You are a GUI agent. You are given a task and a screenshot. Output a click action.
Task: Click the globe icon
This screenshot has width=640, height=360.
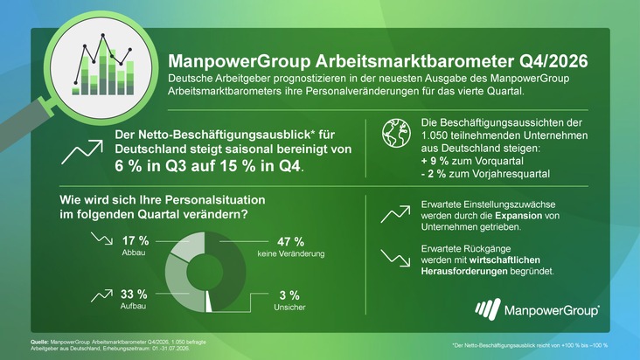pyautogui.click(x=396, y=134)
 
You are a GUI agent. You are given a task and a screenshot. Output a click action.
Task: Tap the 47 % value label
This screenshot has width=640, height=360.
pyautogui.click(x=290, y=242)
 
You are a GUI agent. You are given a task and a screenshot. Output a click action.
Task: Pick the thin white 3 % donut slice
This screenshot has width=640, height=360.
pyautogui.click(x=208, y=301)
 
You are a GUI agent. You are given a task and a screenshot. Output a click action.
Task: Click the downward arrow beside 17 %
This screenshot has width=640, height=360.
pyautogui.click(x=101, y=239)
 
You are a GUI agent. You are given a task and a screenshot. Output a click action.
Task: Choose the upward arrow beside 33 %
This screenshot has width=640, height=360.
pyautogui.click(x=101, y=295)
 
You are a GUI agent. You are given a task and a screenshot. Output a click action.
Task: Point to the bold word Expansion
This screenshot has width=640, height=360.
pyautogui.click(x=518, y=216)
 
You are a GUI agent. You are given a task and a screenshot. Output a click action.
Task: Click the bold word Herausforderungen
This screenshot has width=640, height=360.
pyautogui.click(x=464, y=271)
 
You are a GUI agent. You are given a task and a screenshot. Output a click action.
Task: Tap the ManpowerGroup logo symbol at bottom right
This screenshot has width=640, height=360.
pyautogui.click(x=488, y=308)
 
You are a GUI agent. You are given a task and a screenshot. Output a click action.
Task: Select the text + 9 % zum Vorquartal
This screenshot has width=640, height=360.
pyautogui.click(x=472, y=161)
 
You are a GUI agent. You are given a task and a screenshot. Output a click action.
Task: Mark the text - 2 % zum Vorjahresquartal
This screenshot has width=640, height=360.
pyautogui.click(x=486, y=174)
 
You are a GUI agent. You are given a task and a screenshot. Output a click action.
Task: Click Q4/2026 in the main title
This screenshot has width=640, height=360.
pyautogui.click(x=553, y=61)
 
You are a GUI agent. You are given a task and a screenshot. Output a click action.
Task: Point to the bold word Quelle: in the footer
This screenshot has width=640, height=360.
pyautogui.click(x=39, y=342)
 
